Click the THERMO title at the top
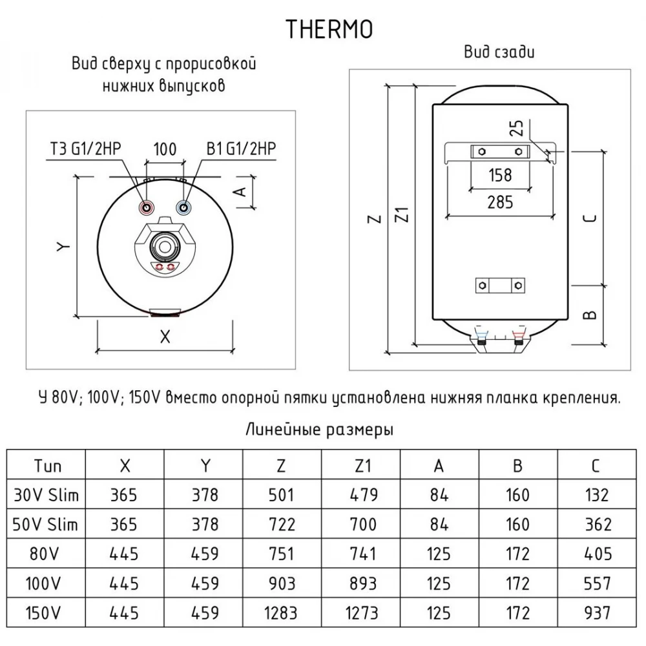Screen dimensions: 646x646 point(329,29)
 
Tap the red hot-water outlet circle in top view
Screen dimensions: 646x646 point(146,207)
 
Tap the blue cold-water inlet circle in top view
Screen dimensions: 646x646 point(183,207)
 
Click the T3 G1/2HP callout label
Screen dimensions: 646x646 point(85,149)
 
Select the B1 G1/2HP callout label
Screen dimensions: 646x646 point(242,149)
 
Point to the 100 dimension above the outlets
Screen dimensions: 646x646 point(165,149)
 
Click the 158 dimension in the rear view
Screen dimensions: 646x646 point(500,175)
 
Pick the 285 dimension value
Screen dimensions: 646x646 point(500,202)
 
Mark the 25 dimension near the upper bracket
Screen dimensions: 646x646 point(516,128)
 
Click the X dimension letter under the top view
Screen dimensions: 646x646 point(165,337)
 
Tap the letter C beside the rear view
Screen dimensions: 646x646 point(590,218)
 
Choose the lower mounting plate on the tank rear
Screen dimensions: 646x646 point(500,286)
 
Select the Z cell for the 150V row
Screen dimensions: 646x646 point(281,613)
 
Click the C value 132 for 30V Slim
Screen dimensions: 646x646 point(597,495)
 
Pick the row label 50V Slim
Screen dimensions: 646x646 point(45,525)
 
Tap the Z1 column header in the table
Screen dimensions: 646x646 point(363,466)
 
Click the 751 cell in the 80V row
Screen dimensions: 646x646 point(281,554)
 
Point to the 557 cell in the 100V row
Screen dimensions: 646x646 point(597,584)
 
